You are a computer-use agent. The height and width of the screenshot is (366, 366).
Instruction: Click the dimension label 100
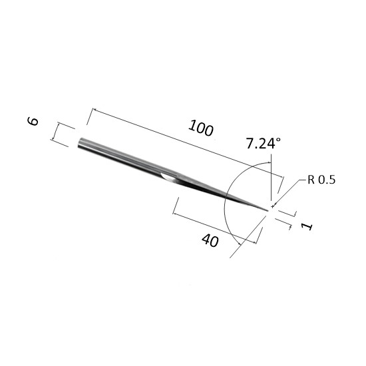tap(201, 128)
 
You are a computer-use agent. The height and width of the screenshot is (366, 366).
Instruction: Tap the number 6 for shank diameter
tap(33, 121)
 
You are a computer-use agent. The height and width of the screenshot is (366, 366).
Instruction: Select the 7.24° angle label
tap(264, 143)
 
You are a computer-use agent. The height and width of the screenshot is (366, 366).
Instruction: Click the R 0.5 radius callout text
tap(321, 180)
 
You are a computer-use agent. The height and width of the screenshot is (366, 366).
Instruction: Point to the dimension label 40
tap(210, 240)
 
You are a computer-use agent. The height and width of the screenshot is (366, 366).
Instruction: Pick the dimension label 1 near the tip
tap(307, 226)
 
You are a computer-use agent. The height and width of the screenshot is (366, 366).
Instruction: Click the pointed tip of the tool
tap(268, 210)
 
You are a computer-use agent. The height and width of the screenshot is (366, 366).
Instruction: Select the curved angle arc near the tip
tap(224, 201)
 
